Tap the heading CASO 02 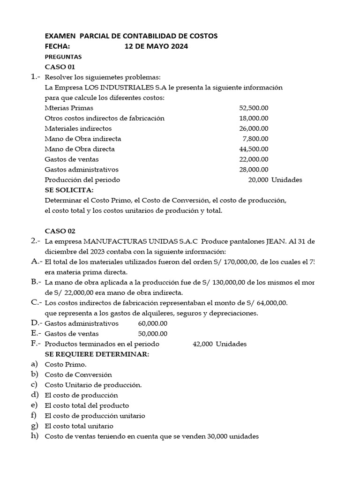[x=60, y=231]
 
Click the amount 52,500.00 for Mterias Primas [x=254, y=108]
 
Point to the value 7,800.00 [x=255, y=139]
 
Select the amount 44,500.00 [x=254, y=149]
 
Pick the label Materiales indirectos [x=78, y=128]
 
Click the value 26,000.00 [x=254, y=128]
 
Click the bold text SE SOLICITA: [x=69, y=190]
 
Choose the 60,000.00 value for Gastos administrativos [x=153, y=323]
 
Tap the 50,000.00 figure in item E [x=153, y=334]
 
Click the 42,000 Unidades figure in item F [x=219, y=344]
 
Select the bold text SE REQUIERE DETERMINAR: [x=97, y=354]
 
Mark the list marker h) [x=34, y=436]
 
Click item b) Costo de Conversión [x=78, y=375]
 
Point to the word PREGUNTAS [x=63, y=56]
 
